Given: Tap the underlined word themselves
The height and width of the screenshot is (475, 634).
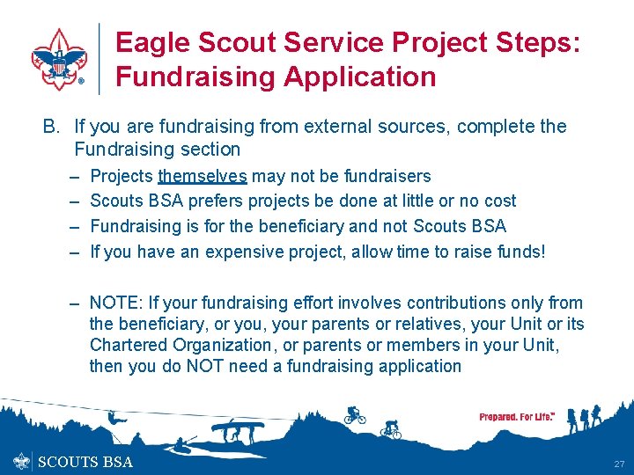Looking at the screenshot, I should (202, 176).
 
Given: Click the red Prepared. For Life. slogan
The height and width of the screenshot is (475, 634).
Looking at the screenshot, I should (517, 417).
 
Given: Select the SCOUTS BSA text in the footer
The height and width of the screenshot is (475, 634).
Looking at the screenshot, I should (85, 462).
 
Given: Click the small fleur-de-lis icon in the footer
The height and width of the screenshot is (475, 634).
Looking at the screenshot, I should (22, 462).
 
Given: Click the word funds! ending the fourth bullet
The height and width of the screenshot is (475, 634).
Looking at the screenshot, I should (521, 252).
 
